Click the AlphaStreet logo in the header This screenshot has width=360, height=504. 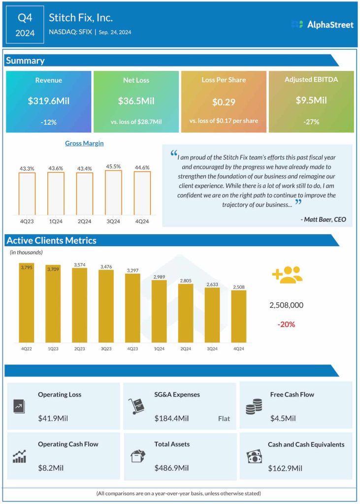click(x=322, y=24)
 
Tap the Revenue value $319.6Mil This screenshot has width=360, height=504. click(x=49, y=101)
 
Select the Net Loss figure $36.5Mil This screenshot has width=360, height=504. click(x=136, y=101)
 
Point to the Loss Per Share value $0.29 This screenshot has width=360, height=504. click(x=224, y=102)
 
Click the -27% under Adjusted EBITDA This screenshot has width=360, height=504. click(x=311, y=121)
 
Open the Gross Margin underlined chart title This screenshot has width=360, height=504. click(x=84, y=143)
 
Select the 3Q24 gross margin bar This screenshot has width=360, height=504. click(x=114, y=192)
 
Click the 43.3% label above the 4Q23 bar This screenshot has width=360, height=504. click(x=27, y=168)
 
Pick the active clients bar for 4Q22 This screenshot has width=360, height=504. click(x=27, y=303)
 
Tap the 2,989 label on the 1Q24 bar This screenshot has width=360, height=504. click(x=159, y=277)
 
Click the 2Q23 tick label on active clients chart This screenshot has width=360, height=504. click(x=79, y=348)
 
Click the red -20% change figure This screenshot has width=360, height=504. click(x=286, y=324)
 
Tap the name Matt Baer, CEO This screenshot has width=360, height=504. click(x=326, y=219)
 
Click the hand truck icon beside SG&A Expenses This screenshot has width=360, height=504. click(x=135, y=406)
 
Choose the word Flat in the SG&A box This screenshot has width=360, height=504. click(x=224, y=419)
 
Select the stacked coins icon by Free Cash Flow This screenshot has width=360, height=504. click(x=254, y=406)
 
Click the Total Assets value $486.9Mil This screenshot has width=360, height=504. click(x=172, y=468)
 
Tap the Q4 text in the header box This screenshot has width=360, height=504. click(x=25, y=18)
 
